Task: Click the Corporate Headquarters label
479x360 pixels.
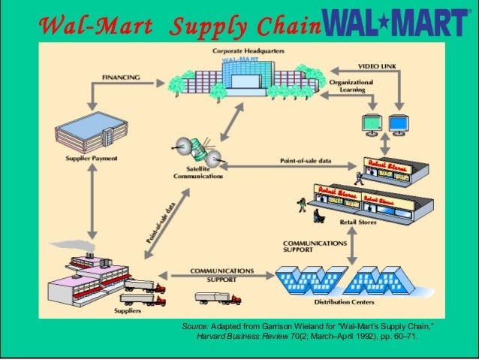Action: (242, 50)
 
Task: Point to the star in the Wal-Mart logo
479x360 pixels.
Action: (396, 23)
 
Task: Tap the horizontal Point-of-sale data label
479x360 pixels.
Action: (305, 160)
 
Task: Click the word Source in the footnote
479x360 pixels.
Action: (194, 327)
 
